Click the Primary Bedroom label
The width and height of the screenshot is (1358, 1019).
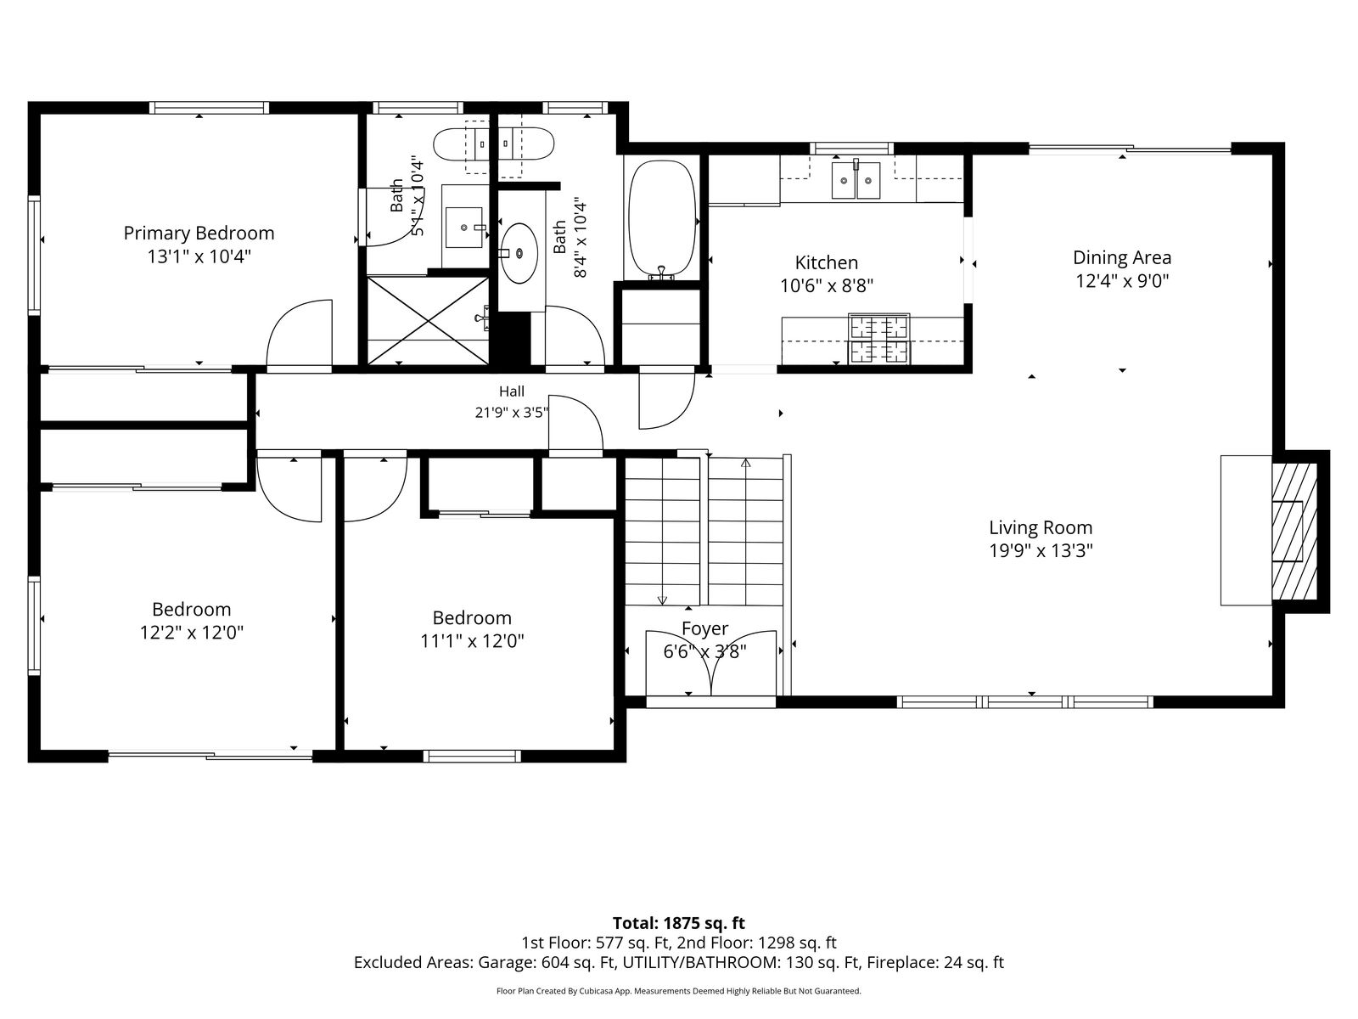click(199, 234)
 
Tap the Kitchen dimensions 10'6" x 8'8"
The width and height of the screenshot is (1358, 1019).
click(827, 286)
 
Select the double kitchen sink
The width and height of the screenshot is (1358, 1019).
click(856, 179)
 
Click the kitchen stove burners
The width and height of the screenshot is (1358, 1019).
click(879, 339)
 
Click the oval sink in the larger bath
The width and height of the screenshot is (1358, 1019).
click(519, 253)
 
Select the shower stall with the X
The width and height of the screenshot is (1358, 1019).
click(428, 320)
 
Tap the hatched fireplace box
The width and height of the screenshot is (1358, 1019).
click(1293, 531)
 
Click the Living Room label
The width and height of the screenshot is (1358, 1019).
click(1041, 527)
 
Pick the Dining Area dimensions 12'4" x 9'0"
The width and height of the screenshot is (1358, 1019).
click(1122, 281)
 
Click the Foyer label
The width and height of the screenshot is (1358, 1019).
click(704, 628)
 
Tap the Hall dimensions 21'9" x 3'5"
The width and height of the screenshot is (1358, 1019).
click(512, 412)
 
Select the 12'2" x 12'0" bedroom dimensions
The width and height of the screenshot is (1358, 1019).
click(192, 633)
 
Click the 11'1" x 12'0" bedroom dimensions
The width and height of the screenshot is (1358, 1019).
click(472, 641)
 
